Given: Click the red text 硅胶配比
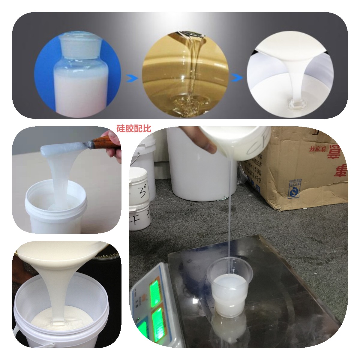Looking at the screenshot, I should (x=134, y=128).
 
